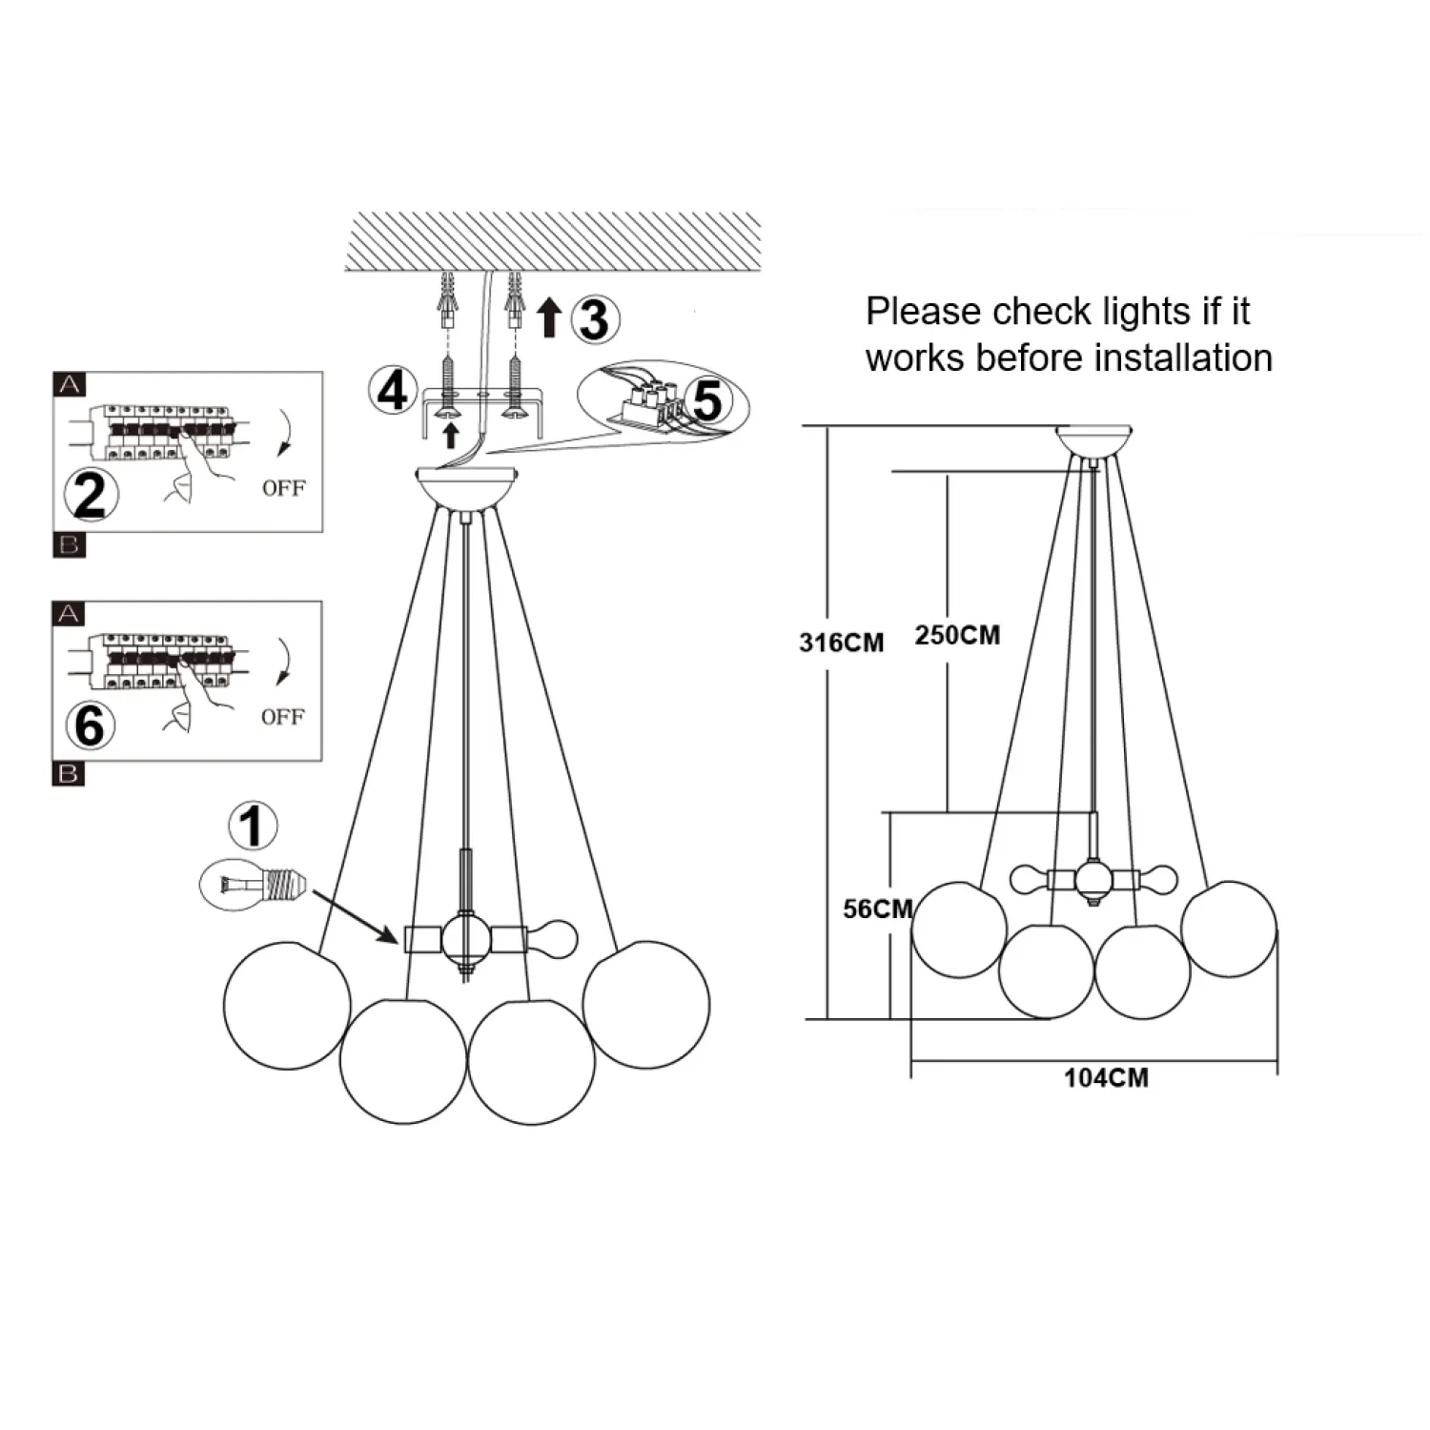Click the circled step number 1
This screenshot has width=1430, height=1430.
[253, 827]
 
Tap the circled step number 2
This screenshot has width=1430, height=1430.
[90, 495]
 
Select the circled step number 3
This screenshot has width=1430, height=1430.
[594, 319]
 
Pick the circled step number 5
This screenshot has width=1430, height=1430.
[707, 400]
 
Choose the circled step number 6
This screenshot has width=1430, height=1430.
[90, 725]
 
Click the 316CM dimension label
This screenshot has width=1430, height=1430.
[841, 643]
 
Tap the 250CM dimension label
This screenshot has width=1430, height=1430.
[957, 635]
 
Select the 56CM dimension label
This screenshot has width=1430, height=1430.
[877, 909]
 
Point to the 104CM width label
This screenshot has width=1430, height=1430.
[1106, 1078]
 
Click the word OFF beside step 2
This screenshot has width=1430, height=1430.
[283, 488]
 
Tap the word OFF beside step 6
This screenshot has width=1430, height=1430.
[282, 717]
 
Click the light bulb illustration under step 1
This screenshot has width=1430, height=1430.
[255, 884]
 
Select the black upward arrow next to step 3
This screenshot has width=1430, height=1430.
[548, 317]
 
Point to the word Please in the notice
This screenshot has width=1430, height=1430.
[923, 312]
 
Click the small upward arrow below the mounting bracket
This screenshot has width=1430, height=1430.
[452, 436]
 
